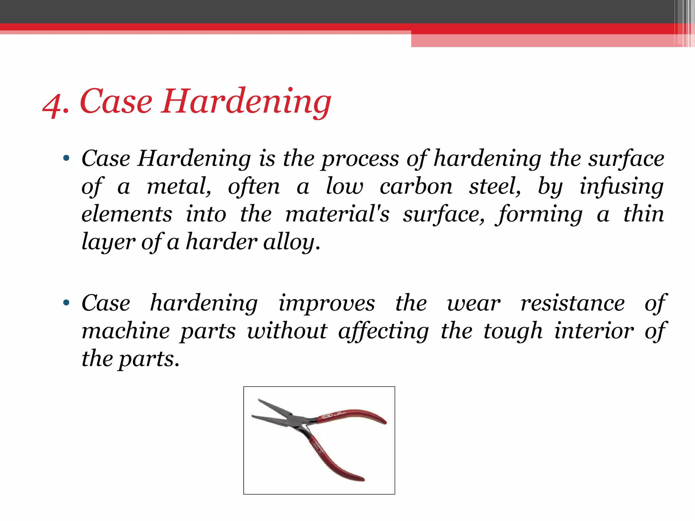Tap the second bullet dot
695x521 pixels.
(66, 303)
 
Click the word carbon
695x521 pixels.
(416, 187)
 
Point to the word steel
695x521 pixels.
(494, 187)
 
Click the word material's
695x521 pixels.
(337, 214)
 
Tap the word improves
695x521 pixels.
(326, 304)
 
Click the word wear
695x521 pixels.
(473, 304)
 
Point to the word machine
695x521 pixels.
(126, 331)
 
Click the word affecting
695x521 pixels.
(383, 332)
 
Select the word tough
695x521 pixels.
(513, 332)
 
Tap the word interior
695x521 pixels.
(594, 331)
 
